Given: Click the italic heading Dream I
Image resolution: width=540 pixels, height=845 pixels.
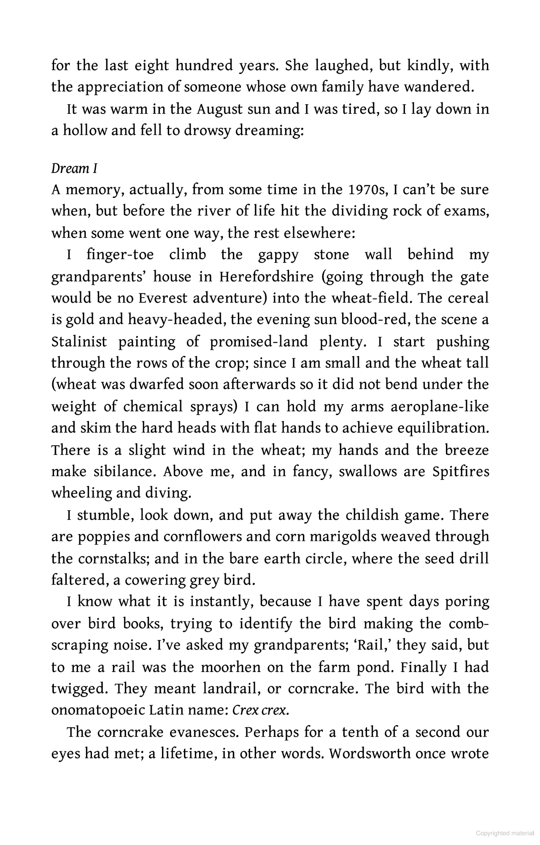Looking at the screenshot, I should click(x=74, y=168).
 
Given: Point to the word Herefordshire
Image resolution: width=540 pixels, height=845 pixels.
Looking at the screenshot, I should click(x=266, y=277).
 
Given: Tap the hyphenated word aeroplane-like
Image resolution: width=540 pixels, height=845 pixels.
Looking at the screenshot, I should click(x=440, y=406).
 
